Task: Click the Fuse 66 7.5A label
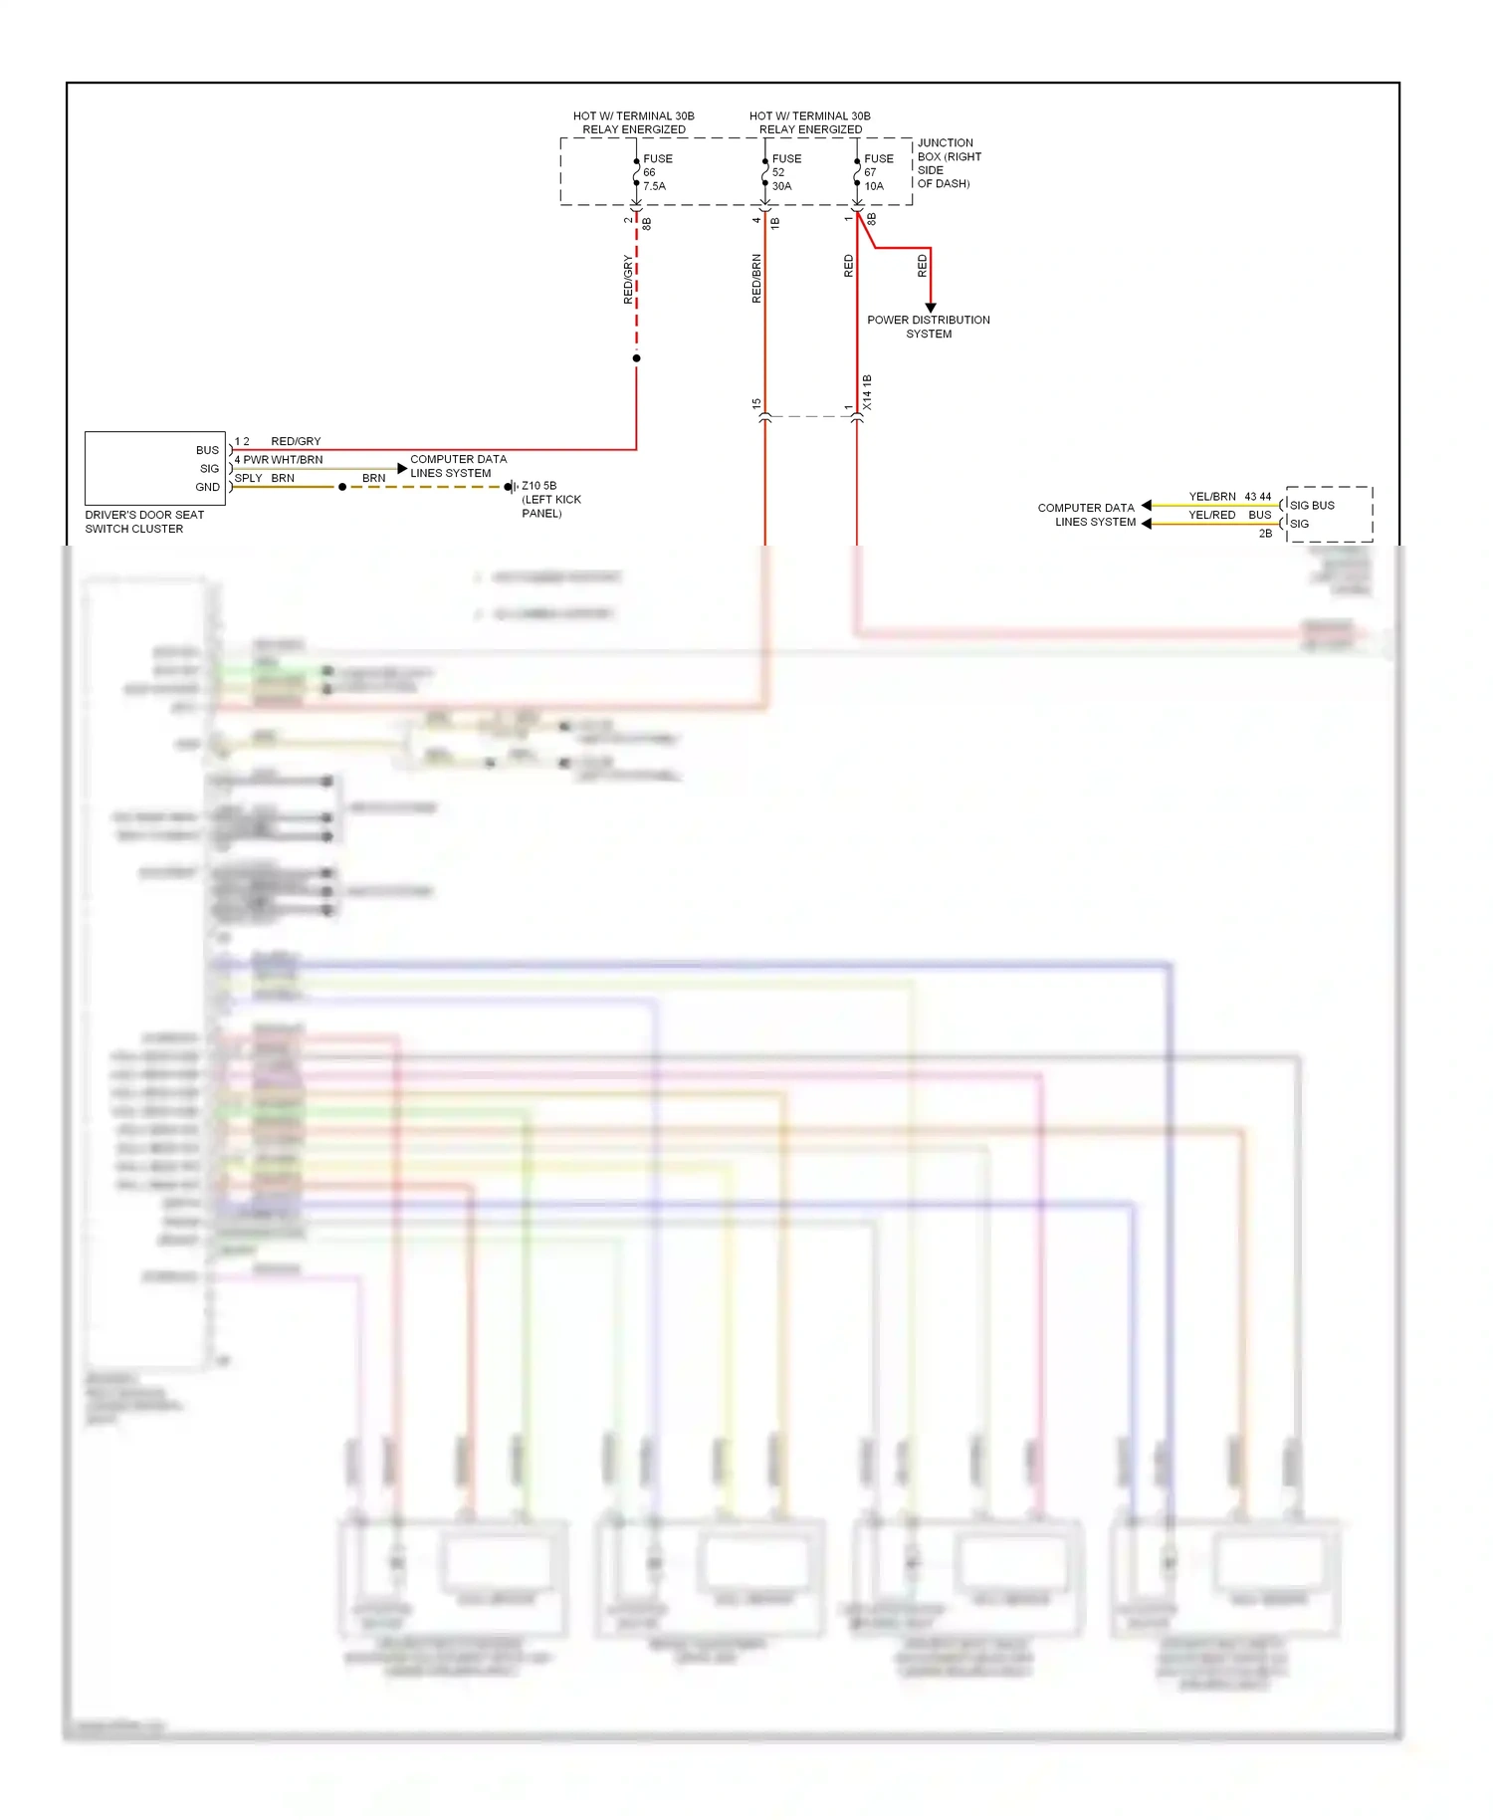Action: (x=657, y=172)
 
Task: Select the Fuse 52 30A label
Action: (x=786, y=172)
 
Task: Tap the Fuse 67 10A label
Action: (x=878, y=172)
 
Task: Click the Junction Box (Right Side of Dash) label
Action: (x=949, y=163)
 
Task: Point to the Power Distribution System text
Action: (x=928, y=327)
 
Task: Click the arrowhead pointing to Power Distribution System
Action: (x=931, y=308)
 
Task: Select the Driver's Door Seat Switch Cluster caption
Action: (x=144, y=522)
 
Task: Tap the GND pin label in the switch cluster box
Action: (x=207, y=487)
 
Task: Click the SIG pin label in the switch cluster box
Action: (x=209, y=469)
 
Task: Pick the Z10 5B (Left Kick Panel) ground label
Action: (x=551, y=500)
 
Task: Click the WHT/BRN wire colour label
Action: (x=297, y=460)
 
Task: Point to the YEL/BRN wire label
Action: (x=1212, y=497)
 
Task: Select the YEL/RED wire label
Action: (x=1211, y=515)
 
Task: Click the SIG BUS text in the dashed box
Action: (x=1312, y=505)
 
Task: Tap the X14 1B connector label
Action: (x=867, y=392)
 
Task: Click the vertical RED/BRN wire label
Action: (x=756, y=279)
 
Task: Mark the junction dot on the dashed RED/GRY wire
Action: (x=636, y=358)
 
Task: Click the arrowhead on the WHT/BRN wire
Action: (x=402, y=468)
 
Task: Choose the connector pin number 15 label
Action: (x=756, y=404)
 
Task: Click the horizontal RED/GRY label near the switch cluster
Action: (x=296, y=441)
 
